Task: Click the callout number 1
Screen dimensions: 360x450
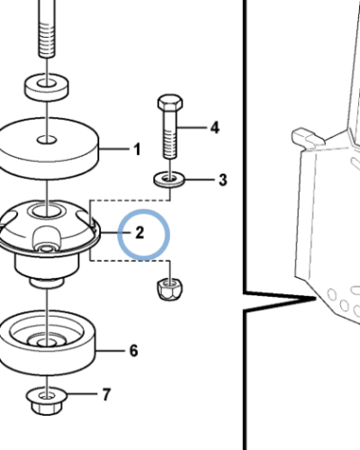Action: coord(137,149)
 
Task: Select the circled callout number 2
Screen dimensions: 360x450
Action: coord(139,233)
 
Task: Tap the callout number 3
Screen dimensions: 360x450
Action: coord(222,180)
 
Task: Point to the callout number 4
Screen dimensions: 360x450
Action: coord(214,128)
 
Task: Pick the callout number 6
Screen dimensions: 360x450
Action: coord(134,350)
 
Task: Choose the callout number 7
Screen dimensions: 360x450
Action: coord(106,394)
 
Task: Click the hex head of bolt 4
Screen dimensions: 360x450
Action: coord(170,103)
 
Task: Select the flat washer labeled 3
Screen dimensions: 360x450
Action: coord(169,180)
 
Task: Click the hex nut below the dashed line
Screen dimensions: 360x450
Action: coord(170,289)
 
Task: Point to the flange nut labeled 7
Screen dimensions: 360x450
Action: coord(47,401)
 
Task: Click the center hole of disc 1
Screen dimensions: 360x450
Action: coord(47,139)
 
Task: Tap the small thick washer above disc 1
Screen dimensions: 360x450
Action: coord(46,88)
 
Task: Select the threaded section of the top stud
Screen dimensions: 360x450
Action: coord(47,39)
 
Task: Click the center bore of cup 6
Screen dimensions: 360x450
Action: coord(47,342)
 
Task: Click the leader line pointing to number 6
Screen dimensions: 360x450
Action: coord(110,350)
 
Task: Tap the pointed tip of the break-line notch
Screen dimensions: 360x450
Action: coord(316,298)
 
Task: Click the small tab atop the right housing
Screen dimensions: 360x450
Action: coord(307,137)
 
